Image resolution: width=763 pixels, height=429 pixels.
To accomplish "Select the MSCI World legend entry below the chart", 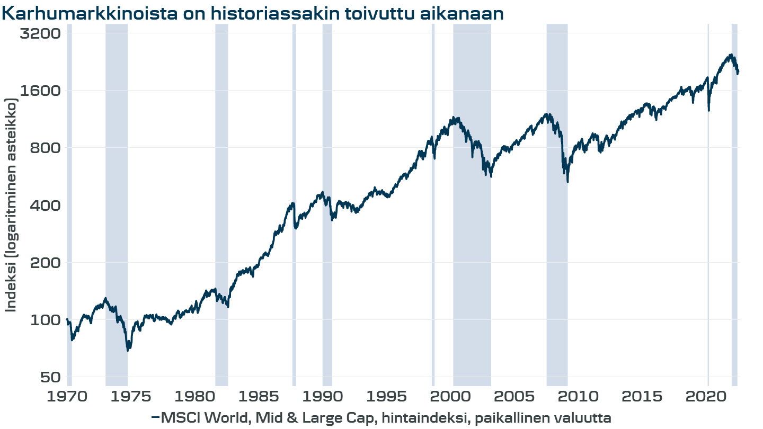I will point(381,418).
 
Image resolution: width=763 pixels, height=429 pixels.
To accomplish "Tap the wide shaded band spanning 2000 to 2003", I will point(472,238).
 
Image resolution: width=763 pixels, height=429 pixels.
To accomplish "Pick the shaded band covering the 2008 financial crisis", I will point(557,238).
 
